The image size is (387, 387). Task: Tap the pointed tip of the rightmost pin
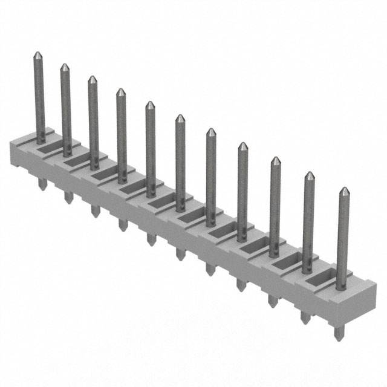tap(343, 190)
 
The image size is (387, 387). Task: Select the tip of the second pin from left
tap(63, 66)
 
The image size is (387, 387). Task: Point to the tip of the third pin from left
tap(92, 79)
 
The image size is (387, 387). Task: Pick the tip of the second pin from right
tap(309, 175)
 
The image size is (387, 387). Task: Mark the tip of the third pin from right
tap(275, 160)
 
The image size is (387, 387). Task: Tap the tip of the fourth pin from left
tap(120, 91)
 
